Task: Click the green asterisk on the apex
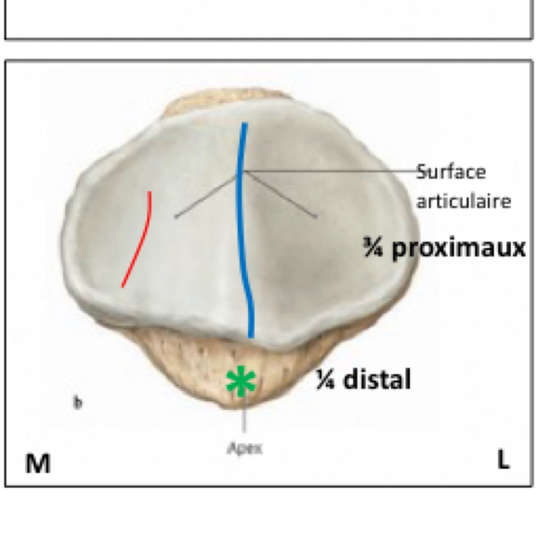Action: [x=241, y=381]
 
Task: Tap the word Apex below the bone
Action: [x=245, y=448]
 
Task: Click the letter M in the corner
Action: [x=38, y=463]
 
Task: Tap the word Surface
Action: [x=451, y=172]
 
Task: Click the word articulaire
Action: [x=464, y=201]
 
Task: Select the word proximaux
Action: [x=458, y=248]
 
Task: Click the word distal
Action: [x=378, y=379]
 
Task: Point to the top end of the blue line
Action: [x=244, y=125]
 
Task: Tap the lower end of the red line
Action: [x=123, y=286]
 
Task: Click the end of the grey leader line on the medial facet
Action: [x=176, y=217]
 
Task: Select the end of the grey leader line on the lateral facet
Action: [x=316, y=217]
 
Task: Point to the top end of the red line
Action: [x=150, y=192]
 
